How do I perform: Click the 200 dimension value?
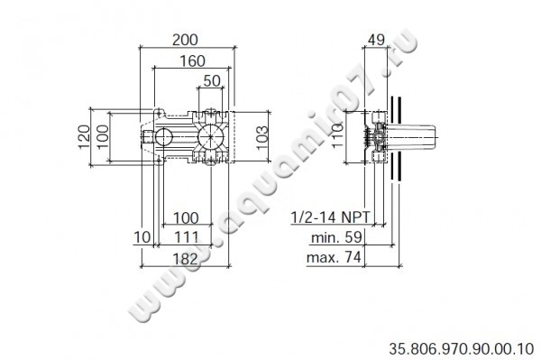[x=185, y=40]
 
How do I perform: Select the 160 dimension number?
[x=193, y=61]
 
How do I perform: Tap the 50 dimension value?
[x=212, y=81]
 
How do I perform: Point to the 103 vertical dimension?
[x=262, y=137]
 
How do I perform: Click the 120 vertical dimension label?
[x=84, y=136]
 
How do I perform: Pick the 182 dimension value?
[x=185, y=259]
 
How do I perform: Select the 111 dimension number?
[x=187, y=237]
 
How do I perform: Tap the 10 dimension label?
[x=142, y=237]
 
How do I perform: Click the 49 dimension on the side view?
[x=376, y=40]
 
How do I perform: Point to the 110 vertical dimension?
[x=338, y=135]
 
